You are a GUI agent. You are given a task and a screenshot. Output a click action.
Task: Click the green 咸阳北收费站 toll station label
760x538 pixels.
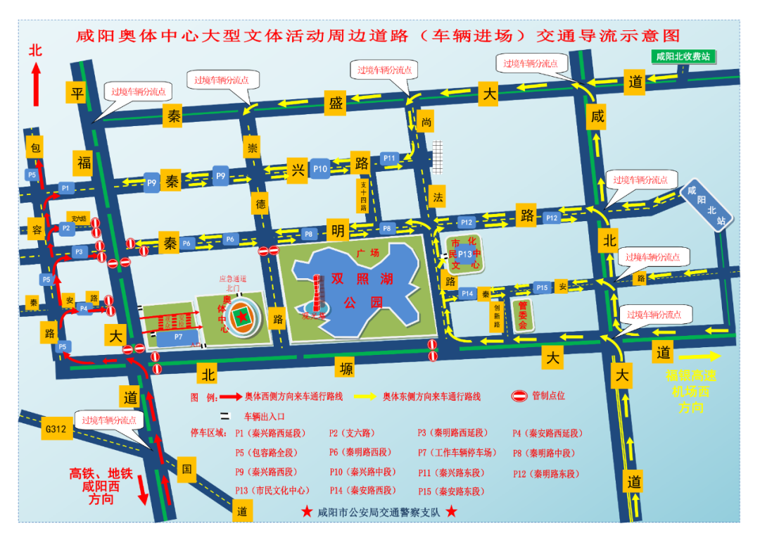pos(682,56)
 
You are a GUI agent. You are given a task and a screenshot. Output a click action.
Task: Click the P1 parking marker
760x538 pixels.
pos(65,188)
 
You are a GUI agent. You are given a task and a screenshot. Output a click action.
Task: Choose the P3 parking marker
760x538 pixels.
pos(79,251)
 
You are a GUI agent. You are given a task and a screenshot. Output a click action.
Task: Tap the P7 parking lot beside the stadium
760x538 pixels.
pos(178,337)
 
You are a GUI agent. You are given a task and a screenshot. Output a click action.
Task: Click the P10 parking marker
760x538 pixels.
pos(320,168)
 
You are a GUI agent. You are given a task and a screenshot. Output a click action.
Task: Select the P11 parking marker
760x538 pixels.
pos(390,158)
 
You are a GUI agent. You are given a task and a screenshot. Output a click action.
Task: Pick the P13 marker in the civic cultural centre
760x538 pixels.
pos(464,254)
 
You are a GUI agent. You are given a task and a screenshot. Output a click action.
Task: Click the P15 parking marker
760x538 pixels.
pos(541,287)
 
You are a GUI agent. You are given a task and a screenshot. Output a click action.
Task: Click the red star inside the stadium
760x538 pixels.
pos(243,318)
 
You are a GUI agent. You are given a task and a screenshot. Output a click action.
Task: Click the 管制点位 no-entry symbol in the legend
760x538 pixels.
pos(519,396)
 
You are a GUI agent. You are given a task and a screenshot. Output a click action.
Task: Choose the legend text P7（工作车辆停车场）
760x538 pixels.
pos(457,453)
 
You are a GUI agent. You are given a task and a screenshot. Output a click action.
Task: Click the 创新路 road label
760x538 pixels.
pos(497,316)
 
